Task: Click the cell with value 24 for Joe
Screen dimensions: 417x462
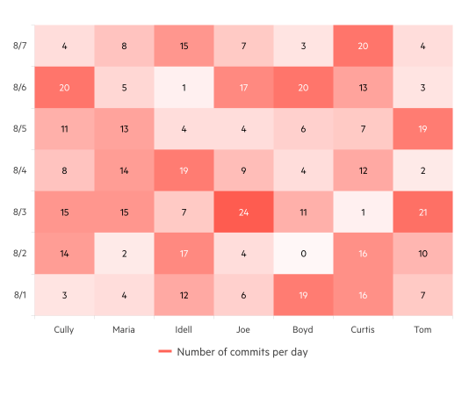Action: click(243, 212)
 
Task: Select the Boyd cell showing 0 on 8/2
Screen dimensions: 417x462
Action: click(303, 254)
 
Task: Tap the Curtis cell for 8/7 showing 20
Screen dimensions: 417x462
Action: click(363, 45)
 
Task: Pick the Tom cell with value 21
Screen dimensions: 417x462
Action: click(422, 212)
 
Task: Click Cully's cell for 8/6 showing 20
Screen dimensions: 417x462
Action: click(64, 87)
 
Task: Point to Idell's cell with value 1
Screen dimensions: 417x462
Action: click(184, 87)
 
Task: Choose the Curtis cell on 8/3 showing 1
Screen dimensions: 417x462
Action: click(363, 212)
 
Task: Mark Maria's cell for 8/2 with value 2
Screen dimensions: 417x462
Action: click(124, 254)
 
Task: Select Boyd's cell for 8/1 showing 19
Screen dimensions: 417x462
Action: click(303, 296)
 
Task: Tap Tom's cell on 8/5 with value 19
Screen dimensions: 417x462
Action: click(422, 128)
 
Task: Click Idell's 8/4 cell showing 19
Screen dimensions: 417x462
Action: click(184, 170)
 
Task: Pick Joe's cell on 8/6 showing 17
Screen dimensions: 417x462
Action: click(243, 87)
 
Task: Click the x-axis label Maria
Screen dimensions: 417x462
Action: click(124, 330)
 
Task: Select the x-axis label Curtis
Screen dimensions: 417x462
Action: click(363, 330)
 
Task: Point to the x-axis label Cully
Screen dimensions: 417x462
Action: click(64, 330)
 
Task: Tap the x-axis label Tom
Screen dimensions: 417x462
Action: click(422, 330)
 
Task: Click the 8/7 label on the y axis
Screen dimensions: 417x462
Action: click(20, 45)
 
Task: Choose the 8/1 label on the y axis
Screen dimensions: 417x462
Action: click(20, 296)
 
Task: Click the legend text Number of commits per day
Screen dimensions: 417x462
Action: click(242, 352)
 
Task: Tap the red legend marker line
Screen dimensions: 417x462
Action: click(164, 352)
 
